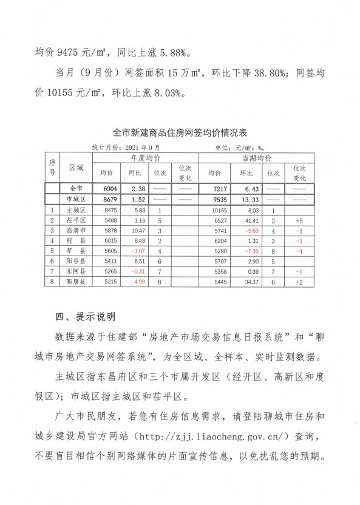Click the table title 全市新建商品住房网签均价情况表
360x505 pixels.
(180, 132)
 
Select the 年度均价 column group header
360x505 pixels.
(146, 158)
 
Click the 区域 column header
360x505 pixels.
(76, 166)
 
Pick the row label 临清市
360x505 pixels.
(76, 231)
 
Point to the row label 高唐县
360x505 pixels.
(76, 282)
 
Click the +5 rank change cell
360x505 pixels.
(299, 220)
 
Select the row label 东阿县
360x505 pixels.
(76, 272)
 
